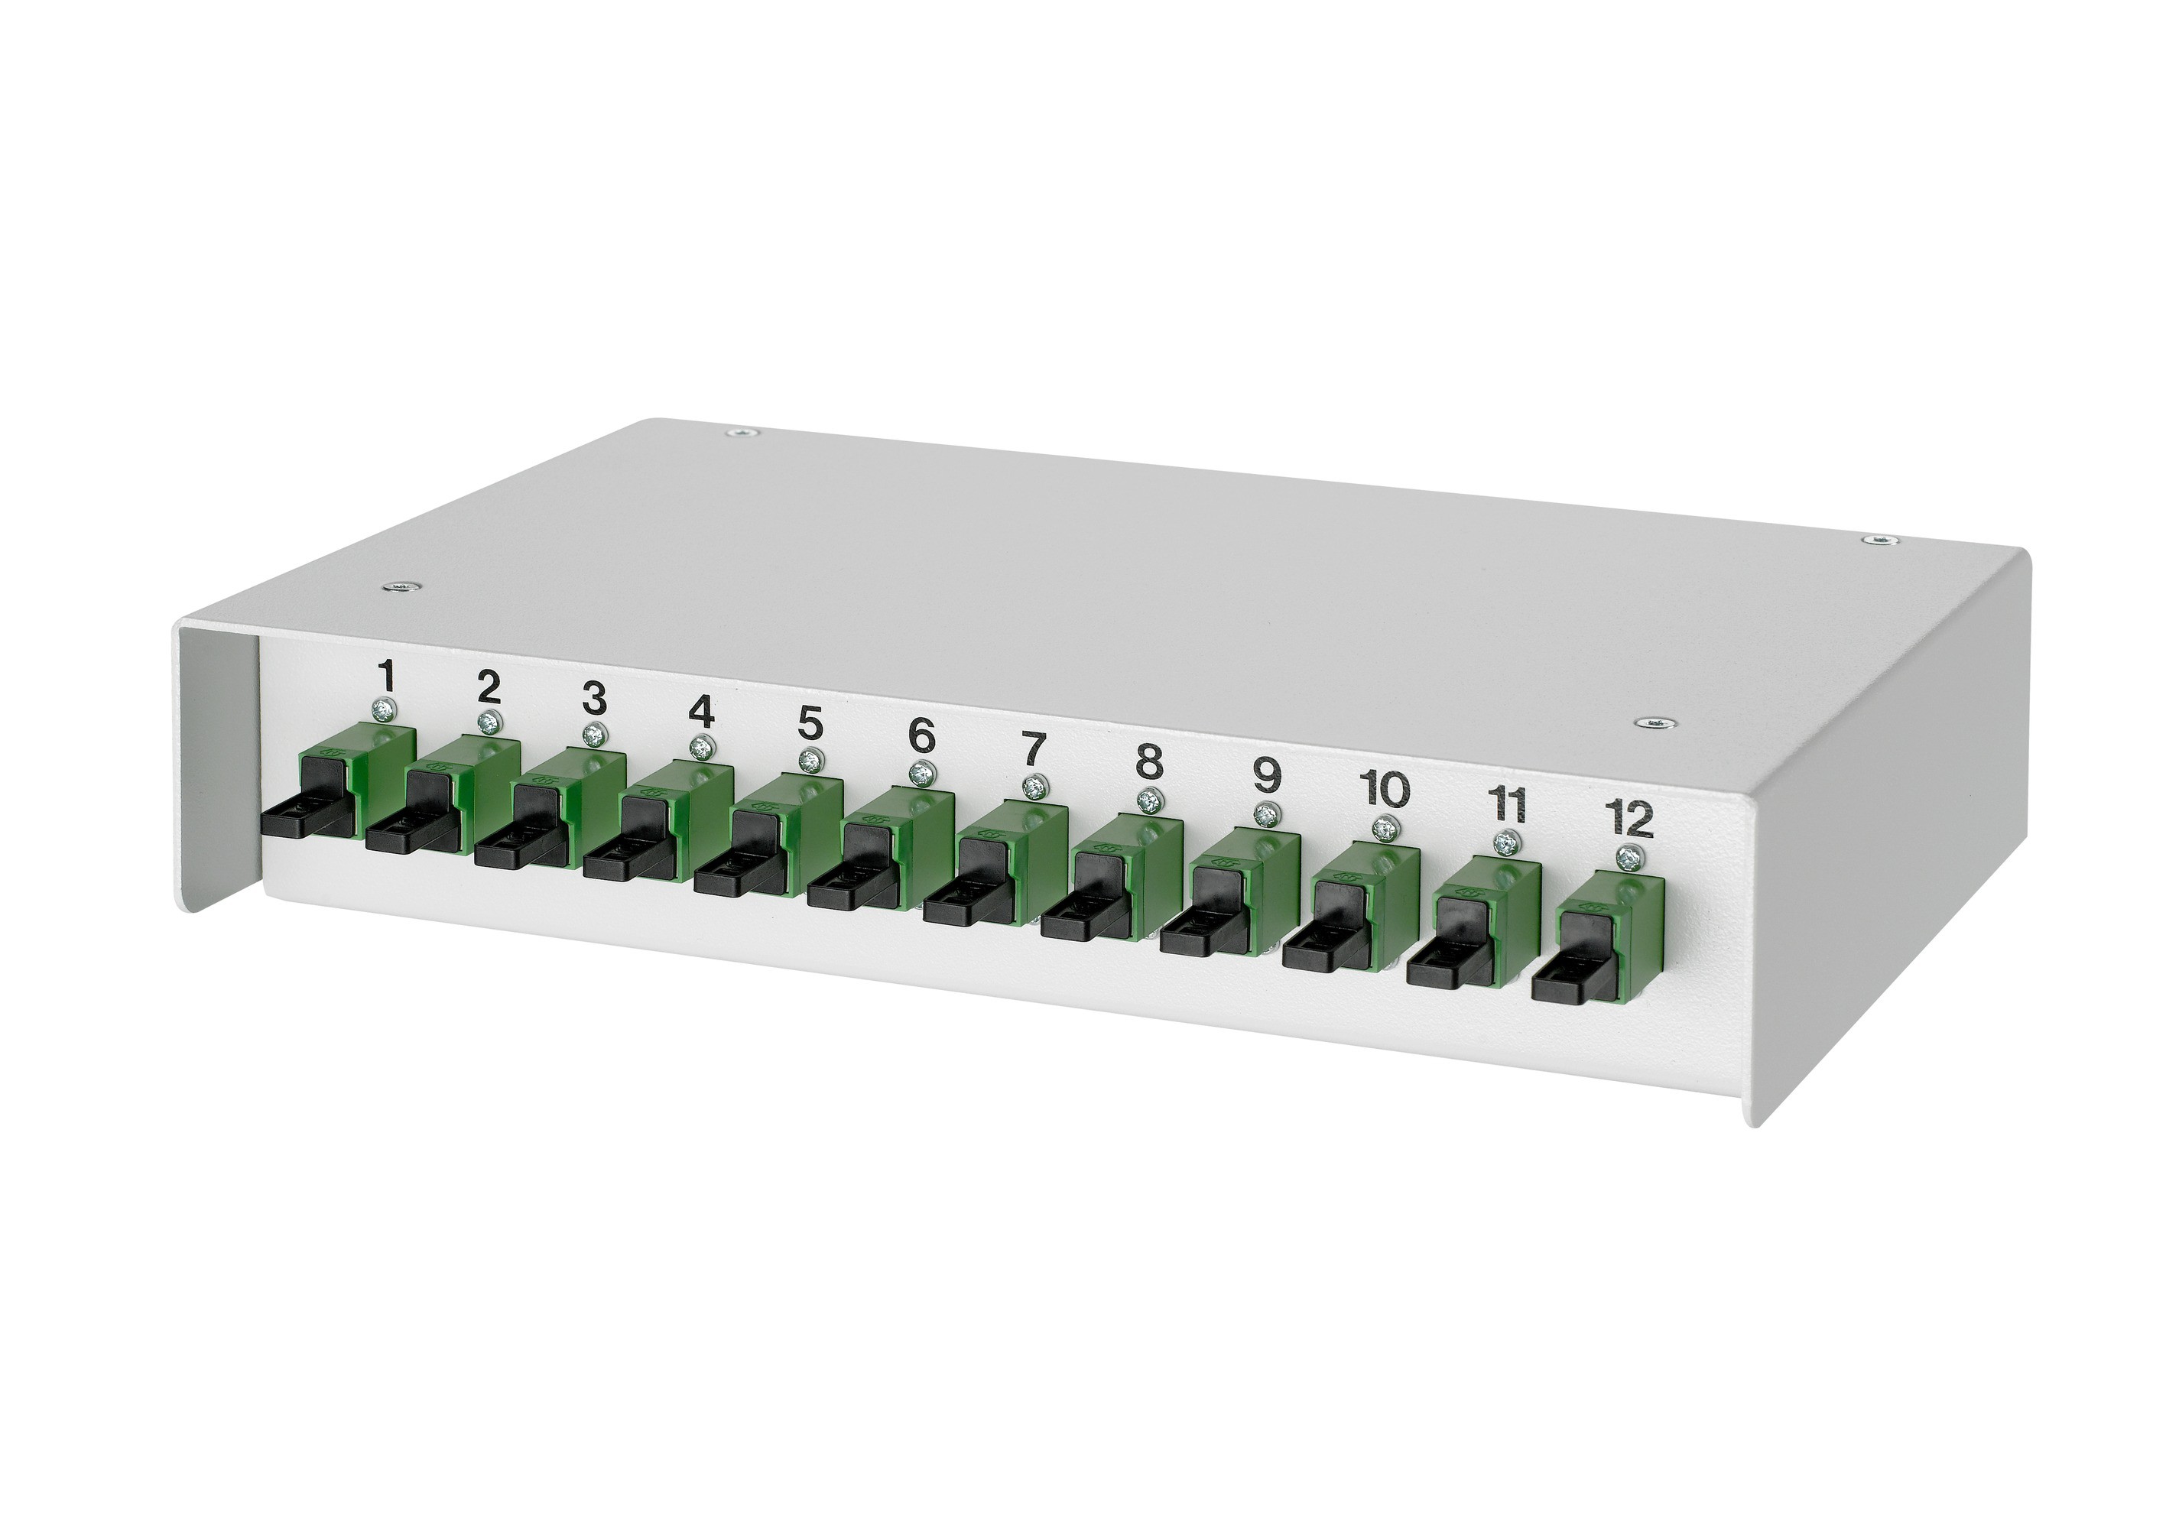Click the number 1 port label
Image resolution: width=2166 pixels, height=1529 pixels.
tap(385, 677)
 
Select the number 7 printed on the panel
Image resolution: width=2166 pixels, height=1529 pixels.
tap(1034, 751)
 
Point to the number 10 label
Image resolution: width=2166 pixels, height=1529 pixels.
tap(1385, 788)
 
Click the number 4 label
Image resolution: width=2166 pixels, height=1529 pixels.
tap(701, 713)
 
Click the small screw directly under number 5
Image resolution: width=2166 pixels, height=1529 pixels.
tap(807, 760)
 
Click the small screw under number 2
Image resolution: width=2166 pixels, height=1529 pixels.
tap(488, 723)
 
